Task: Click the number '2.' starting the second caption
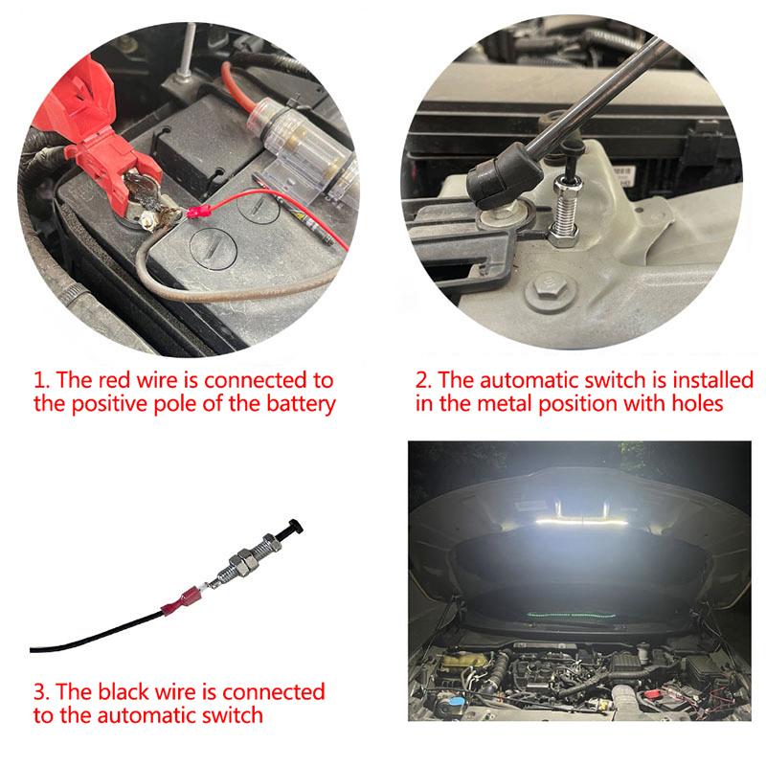pyautogui.click(x=425, y=381)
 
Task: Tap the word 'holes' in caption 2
pyautogui.click(x=698, y=404)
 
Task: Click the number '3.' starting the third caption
pyautogui.click(x=42, y=691)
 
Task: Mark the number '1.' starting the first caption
pyautogui.click(x=41, y=381)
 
